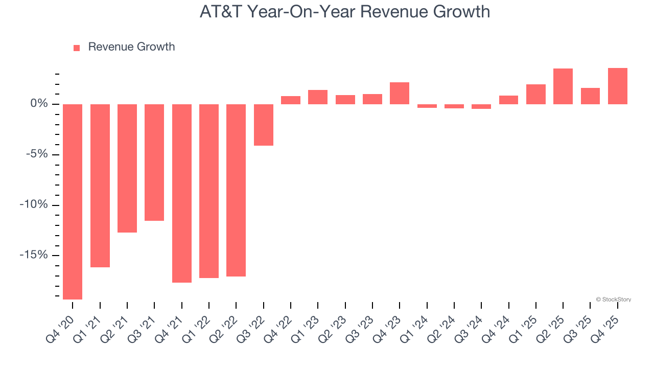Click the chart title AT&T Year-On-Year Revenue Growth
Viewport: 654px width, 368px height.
point(345,12)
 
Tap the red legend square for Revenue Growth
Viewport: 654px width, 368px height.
point(77,48)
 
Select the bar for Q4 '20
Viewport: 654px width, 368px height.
point(73,201)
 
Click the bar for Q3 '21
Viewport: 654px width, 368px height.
point(154,163)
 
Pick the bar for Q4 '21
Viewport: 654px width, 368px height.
point(182,193)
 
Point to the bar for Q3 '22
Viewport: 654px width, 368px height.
point(264,125)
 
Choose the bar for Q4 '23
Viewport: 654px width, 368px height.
point(400,94)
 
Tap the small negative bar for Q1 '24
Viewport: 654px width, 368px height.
point(427,106)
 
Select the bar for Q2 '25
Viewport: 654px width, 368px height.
point(563,86)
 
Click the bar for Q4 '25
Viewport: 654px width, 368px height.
point(618,86)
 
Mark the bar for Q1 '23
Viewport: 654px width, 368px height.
point(318,97)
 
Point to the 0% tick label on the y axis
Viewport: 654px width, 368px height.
point(39,104)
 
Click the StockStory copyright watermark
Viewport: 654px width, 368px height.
point(613,300)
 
